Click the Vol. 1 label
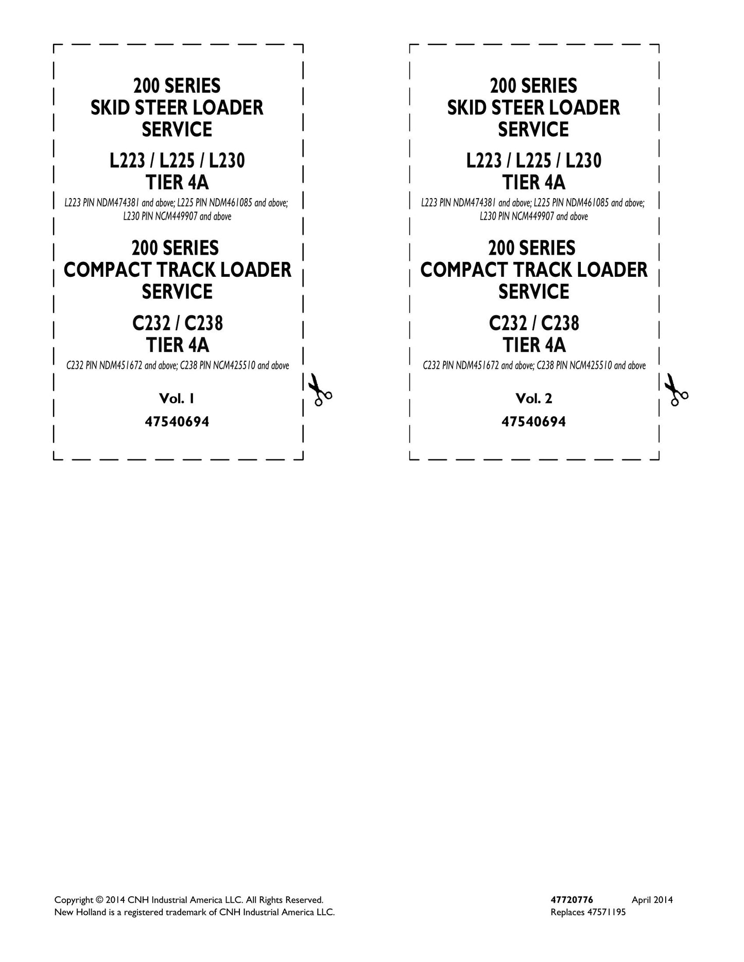177,399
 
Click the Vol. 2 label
533,399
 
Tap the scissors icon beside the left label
319,390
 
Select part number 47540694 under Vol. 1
177,422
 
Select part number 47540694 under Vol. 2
534,422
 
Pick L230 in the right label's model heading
583,162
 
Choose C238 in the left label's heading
204,324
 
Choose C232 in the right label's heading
506,324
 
